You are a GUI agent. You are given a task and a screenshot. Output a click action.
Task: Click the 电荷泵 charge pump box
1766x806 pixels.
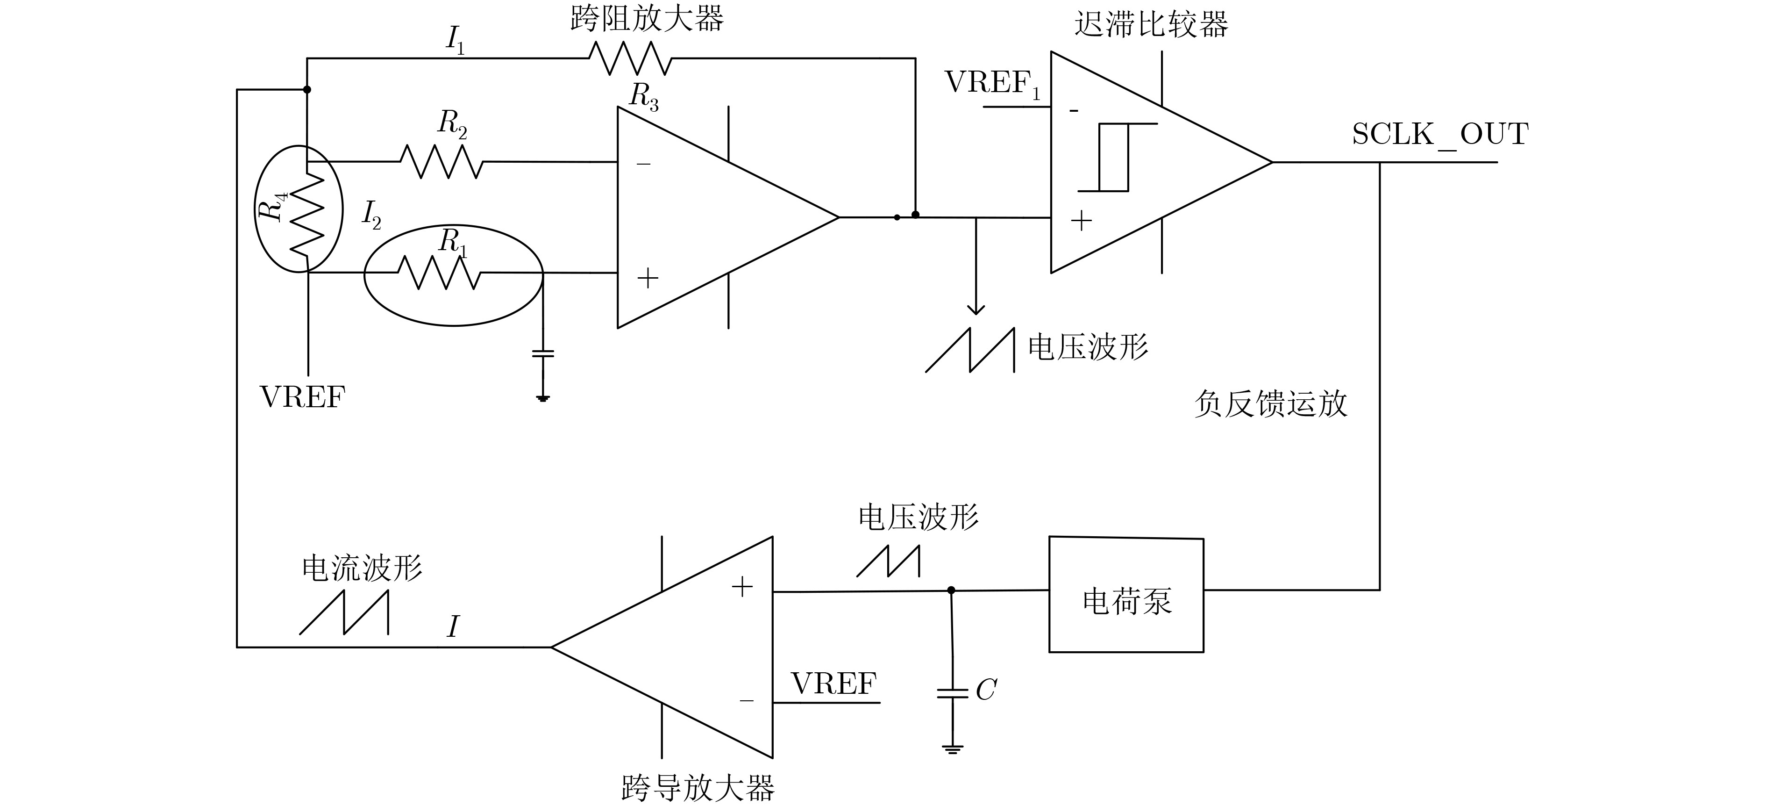[1126, 595]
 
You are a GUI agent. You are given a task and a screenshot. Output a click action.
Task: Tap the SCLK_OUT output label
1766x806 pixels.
[1440, 135]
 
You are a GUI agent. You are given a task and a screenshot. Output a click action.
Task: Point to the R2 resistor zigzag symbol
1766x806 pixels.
[441, 162]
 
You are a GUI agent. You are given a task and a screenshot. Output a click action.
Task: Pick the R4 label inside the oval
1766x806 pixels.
[272, 207]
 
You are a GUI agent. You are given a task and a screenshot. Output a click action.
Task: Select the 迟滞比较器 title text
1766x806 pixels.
[1151, 25]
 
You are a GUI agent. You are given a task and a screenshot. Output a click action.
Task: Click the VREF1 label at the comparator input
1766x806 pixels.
[993, 84]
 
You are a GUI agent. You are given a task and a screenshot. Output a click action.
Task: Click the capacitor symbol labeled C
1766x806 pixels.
[952, 693]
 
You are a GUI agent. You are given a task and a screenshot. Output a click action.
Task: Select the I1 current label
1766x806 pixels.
[455, 40]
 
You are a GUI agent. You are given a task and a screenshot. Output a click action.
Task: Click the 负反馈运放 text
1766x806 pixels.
[1270, 403]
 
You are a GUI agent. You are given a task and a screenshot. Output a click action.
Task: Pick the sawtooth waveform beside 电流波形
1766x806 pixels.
[344, 612]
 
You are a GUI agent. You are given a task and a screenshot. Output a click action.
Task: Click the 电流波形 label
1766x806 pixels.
[362, 568]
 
